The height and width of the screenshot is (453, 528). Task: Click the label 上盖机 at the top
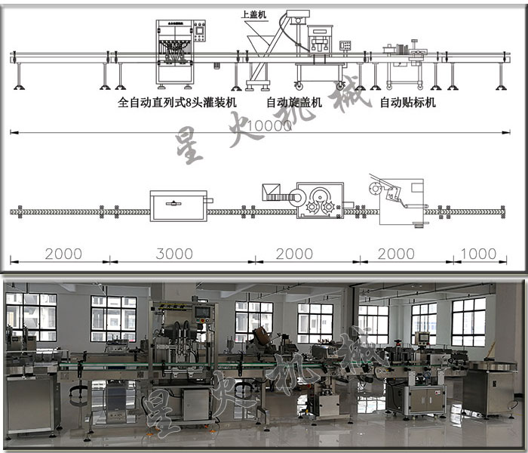(x=253, y=14)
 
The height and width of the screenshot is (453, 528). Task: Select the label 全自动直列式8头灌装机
(x=178, y=102)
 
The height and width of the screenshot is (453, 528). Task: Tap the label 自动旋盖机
(x=293, y=102)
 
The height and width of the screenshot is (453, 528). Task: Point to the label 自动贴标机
(x=407, y=102)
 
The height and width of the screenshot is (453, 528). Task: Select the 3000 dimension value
(x=174, y=253)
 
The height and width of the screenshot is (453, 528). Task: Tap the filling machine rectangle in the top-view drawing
(x=178, y=205)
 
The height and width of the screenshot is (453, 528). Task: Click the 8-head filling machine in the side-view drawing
(x=175, y=51)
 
